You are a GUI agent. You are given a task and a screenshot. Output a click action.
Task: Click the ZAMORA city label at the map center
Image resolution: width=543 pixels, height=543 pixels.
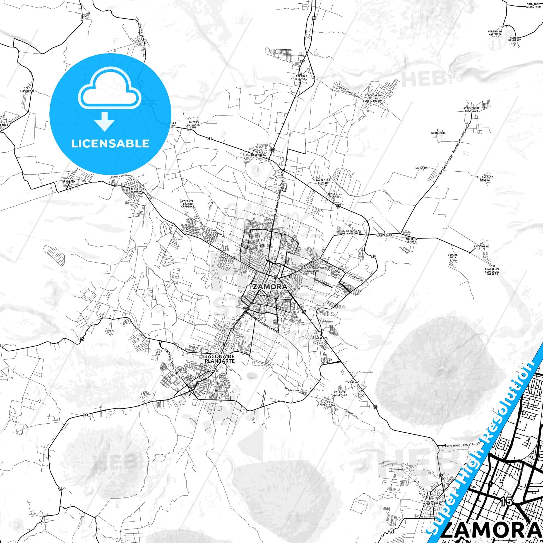(270, 287)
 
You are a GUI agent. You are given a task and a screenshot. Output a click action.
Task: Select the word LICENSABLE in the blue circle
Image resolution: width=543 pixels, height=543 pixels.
(110, 143)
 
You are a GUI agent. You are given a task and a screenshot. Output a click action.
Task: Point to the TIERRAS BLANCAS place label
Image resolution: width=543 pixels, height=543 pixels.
(301, 78)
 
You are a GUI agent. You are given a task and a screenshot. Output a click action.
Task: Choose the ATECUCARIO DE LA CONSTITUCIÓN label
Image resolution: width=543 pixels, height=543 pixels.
(372, 98)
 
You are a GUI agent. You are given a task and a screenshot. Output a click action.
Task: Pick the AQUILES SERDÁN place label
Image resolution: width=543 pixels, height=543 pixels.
(411, 240)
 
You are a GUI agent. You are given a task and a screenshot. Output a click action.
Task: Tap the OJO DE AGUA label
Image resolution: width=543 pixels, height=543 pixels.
(453, 256)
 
